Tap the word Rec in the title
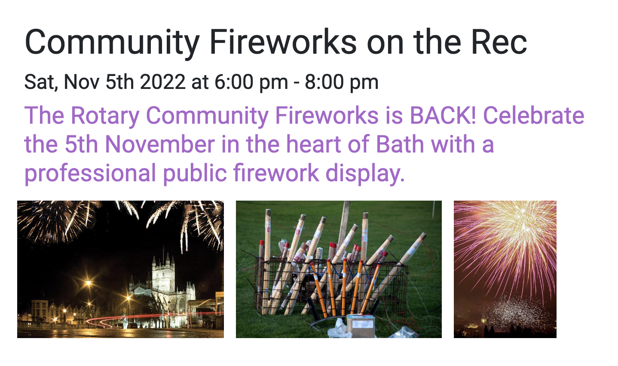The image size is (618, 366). coord(499,42)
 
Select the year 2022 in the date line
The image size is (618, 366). coord(163,82)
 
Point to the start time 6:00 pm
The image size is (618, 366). coord(251,82)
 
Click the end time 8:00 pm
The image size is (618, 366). coord(342,82)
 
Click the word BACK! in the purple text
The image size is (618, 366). coord(443,116)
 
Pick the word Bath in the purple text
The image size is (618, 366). coord(400,144)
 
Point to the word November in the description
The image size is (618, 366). coord(160,144)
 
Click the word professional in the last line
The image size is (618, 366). coord(90,174)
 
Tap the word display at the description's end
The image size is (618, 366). coord(365,174)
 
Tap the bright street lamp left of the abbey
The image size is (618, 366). coord(88,283)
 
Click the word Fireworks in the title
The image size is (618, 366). coord(283,42)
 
